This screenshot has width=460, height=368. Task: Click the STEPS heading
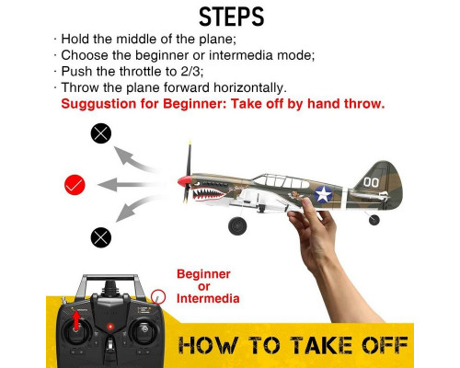click(232, 17)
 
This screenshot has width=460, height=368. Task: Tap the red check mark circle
click(75, 185)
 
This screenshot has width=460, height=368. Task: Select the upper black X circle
click(101, 133)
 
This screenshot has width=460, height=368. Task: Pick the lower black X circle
click(101, 237)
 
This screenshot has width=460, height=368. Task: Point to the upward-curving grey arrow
click(132, 158)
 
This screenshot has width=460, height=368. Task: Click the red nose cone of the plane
click(184, 181)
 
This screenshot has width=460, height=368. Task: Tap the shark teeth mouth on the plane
click(210, 194)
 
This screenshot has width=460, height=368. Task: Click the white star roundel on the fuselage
click(323, 194)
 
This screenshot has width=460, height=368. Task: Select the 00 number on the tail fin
click(371, 182)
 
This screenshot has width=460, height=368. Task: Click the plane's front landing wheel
click(237, 226)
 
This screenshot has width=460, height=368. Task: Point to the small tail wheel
click(374, 220)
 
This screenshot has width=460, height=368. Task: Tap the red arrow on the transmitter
click(76, 320)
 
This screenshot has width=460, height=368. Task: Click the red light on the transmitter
click(110, 327)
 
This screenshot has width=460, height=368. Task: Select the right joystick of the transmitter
click(144, 331)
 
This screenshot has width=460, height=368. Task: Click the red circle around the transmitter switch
click(158, 297)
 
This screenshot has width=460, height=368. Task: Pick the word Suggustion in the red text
click(98, 104)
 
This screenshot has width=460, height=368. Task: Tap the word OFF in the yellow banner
click(385, 345)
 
